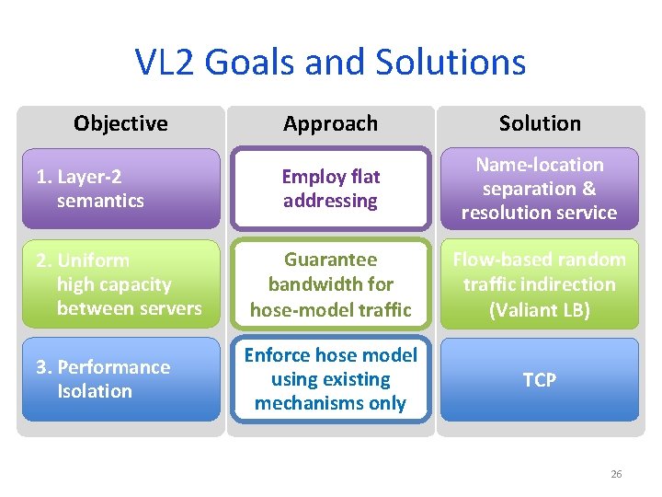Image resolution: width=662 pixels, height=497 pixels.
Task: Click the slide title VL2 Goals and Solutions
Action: (x=330, y=63)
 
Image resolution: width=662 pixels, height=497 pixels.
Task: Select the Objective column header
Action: (x=120, y=123)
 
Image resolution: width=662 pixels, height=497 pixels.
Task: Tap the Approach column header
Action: (x=330, y=123)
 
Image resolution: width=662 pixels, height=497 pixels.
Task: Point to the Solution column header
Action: (x=540, y=123)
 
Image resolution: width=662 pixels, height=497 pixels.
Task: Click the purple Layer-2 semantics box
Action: (x=120, y=188)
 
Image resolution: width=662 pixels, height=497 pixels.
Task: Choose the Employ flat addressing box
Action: (x=330, y=188)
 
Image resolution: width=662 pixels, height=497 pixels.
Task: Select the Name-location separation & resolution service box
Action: (x=540, y=188)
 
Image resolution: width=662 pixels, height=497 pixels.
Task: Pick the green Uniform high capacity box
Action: (x=120, y=284)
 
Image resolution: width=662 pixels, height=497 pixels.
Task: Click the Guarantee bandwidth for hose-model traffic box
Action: (x=330, y=284)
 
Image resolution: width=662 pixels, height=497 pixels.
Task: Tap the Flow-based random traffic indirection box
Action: (x=540, y=284)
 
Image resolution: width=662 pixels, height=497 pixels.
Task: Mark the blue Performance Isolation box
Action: (x=120, y=379)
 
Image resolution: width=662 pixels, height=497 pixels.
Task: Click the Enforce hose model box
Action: (x=330, y=379)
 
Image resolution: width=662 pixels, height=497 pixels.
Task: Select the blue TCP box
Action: (x=540, y=379)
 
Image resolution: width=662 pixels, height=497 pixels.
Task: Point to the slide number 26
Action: (x=616, y=474)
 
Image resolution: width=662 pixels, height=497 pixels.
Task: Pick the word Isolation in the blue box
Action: (x=95, y=391)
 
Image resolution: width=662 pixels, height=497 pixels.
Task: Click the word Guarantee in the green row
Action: (x=330, y=260)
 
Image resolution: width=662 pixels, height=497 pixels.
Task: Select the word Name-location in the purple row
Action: (x=540, y=165)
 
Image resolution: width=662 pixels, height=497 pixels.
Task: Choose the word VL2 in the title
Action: (x=165, y=63)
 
